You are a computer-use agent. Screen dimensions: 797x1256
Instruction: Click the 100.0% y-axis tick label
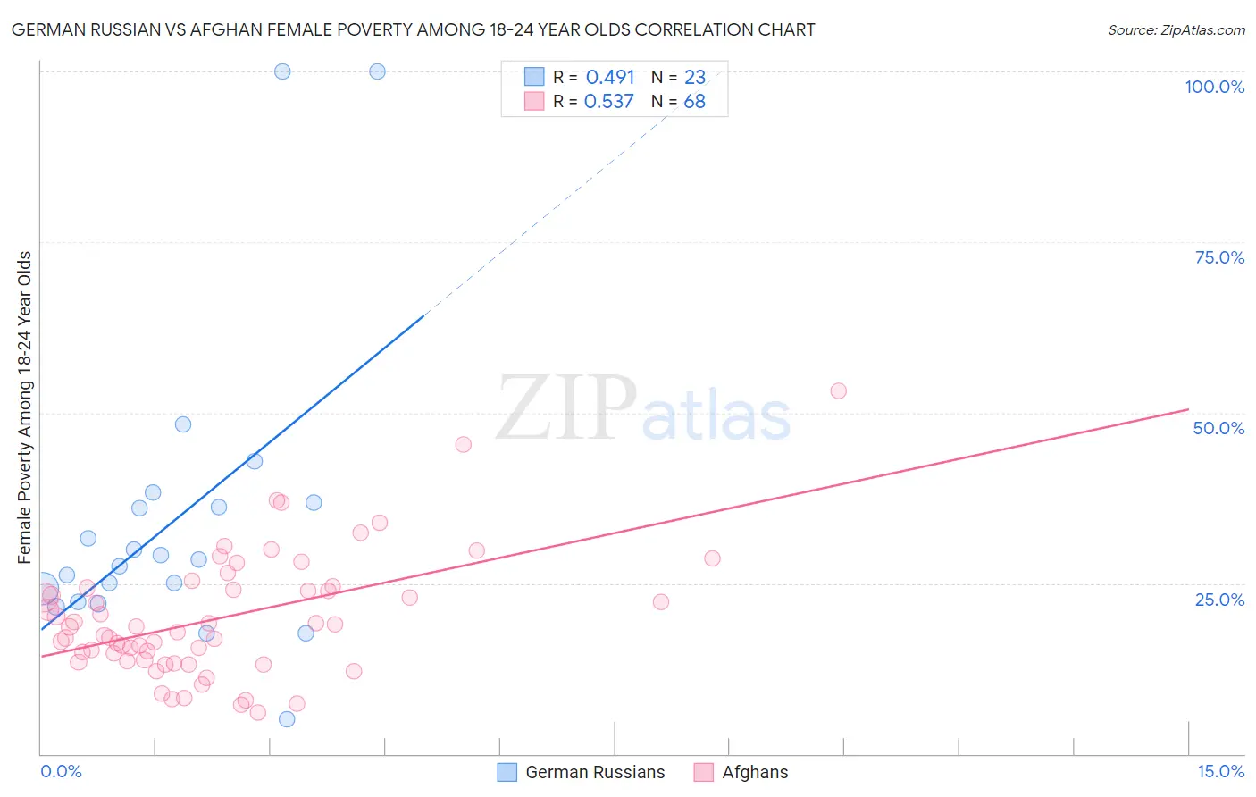[1214, 87]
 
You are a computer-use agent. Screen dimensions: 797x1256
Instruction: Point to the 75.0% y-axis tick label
[1219, 257]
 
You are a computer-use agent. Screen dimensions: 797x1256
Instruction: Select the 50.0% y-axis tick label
[1218, 428]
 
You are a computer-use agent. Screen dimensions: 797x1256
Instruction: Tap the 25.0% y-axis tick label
[1219, 599]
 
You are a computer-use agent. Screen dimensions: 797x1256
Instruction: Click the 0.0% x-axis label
[61, 771]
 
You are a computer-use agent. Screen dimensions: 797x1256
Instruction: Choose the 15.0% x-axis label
[1220, 771]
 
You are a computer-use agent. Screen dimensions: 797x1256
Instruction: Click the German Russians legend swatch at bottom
[507, 772]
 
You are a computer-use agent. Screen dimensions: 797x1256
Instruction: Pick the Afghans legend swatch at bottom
[704, 772]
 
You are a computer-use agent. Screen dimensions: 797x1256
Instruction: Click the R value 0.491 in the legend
[610, 78]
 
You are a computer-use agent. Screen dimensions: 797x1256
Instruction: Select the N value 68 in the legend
[694, 102]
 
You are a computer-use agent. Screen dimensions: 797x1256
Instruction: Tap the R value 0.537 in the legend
[609, 102]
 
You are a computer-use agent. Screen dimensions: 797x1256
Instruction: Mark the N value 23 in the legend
[694, 78]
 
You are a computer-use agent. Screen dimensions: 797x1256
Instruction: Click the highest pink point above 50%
[838, 390]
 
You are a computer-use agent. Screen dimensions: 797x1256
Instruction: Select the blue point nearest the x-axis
[287, 719]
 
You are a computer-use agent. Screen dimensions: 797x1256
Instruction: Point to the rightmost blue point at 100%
[377, 71]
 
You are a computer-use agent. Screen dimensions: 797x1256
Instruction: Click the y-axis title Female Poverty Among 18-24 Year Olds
[25, 407]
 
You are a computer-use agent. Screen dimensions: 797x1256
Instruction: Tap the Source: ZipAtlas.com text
[1176, 30]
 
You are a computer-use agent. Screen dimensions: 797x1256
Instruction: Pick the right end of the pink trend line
[1188, 409]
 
